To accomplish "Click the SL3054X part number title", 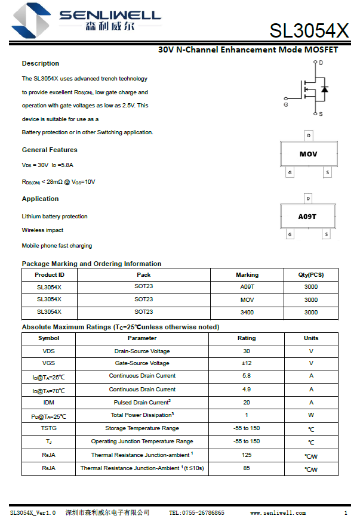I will (x=309, y=30).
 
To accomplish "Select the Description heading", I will (x=41, y=63).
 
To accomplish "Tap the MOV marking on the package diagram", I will (x=309, y=155).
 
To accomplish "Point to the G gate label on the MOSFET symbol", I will (x=286, y=104).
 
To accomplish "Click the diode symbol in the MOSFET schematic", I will (x=324, y=89).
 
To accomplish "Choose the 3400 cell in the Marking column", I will (x=247, y=313).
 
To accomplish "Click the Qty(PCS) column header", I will (x=311, y=275).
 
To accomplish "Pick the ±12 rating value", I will (x=247, y=363).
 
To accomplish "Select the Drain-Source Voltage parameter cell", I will (x=142, y=351).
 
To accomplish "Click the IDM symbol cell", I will (x=48, y=403).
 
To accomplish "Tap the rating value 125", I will (x=247, y=455).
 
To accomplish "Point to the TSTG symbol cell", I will (x=48, y=429).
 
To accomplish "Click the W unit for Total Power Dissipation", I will (x=311, y=416).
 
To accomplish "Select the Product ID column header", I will (x=50, y=275).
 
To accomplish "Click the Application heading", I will (x=41, y=199).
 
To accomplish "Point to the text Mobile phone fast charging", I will (x=57, y=246).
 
